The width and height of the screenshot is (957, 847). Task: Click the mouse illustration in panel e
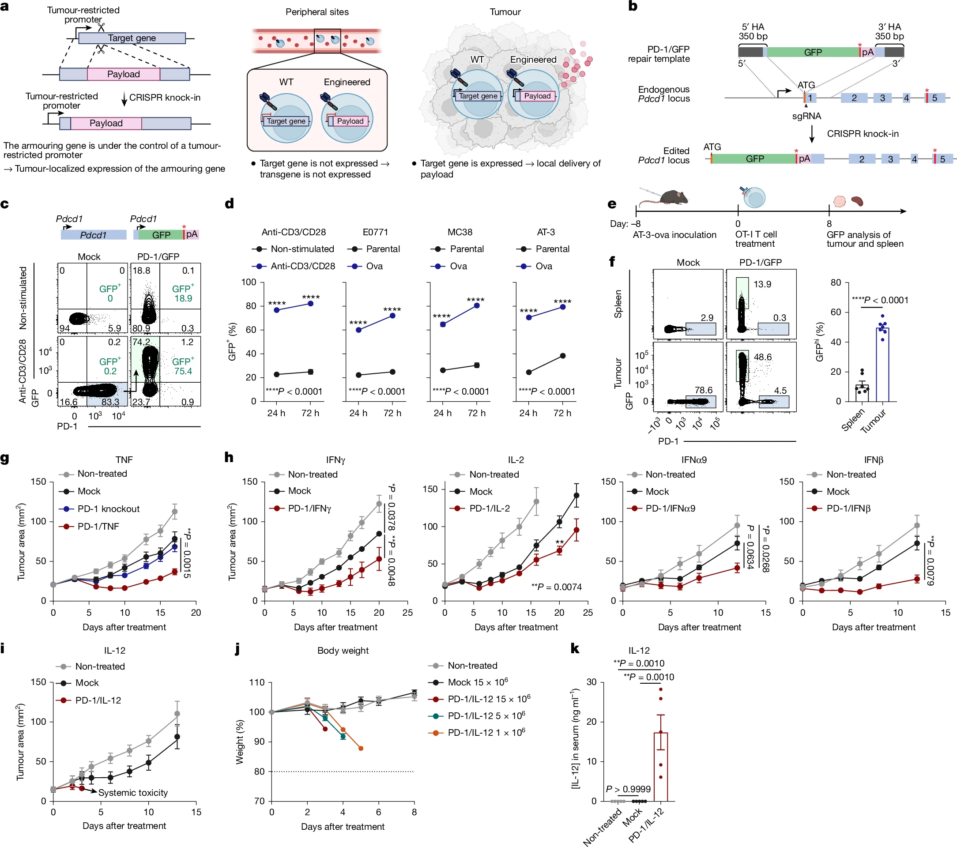(x=667, y=197)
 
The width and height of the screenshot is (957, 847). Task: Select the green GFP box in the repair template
(x=813, y=52)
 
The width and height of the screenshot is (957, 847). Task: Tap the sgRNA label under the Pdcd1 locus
(x=806, y=116)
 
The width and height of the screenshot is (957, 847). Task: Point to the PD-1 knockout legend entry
(x=108, y=509)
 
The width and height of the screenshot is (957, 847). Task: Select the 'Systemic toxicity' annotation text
(x=133, y=793)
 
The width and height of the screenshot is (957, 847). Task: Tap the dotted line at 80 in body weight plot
(x=342, y=771)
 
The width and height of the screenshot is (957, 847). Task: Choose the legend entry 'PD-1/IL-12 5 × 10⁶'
(x=486, y=716)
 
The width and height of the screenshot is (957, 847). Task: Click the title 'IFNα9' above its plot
(x=694, y=460)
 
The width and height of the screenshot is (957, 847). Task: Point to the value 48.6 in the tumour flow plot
(x=763, y=357)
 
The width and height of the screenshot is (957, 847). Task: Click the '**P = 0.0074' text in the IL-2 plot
(x=557, y=587)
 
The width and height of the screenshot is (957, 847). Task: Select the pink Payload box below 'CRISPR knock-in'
(x=106, y=123)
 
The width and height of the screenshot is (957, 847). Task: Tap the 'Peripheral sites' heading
(x=317, y=12)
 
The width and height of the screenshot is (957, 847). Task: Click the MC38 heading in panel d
(x=460, y=232)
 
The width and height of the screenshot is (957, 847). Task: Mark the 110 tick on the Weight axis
(x=257, y=682)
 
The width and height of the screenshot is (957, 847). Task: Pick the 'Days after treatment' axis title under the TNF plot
(x=124, y=627)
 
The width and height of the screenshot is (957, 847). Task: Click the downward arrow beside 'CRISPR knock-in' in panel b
(x=812, y=134)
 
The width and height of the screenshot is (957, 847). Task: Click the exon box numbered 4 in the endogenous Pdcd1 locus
(x=906, y=98)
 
